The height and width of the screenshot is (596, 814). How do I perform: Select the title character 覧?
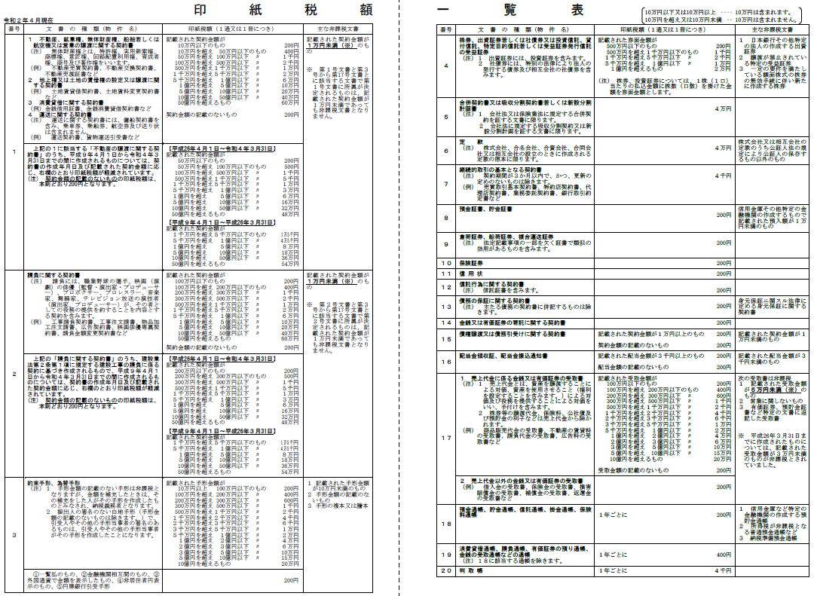click(x=513, y=10)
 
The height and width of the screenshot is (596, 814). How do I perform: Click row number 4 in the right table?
click(x=445, y=66)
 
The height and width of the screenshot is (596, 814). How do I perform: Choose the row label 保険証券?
click(x=472, y=262)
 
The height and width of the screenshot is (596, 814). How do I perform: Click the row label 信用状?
click(x=470, y=274)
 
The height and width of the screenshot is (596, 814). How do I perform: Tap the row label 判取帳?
click(x=470, y=571)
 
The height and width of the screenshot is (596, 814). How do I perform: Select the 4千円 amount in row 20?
click(x=723, y=571)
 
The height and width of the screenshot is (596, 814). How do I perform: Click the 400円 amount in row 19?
click(x=724, y=555)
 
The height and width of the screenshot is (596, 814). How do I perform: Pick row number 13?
click(x=445, y=307)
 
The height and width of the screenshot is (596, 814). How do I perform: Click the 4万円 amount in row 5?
click(x=723, y=109)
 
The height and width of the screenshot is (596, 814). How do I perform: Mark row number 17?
click(x=445, y=438)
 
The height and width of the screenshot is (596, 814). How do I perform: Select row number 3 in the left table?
click(x=14, y=535)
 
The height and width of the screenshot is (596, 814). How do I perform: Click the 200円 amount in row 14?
click(x=724, y=322)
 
